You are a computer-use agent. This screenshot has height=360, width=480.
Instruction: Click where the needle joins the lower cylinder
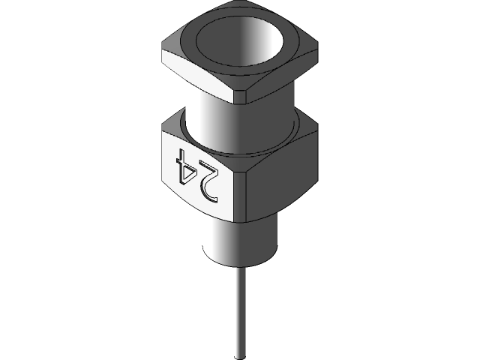click(x=240, y=268)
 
